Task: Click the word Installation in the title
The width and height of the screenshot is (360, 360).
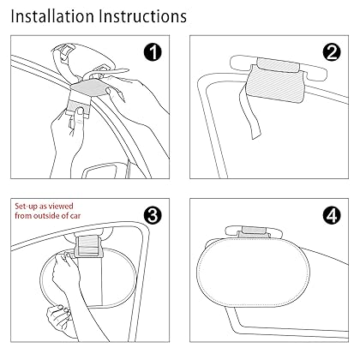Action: click(x=52, y=16)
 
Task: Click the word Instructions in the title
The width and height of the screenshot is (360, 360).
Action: click(x=143, y=16)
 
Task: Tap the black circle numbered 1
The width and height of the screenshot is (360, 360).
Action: click(x=153, y=52)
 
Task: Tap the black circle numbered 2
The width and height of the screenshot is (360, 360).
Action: click(x=332, y=52)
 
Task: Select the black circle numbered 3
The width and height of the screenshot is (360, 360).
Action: click(x=153, y=215)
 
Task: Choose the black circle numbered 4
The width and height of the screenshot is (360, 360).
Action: click(x=332, y=215)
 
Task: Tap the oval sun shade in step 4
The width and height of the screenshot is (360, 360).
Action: click(x=254, y=273)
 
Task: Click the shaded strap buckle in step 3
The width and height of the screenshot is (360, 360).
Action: click(x=88, y=246)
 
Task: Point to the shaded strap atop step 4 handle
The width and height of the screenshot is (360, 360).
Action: click(x=254, y=230)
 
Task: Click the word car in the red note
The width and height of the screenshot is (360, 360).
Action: click(x=75, y=216)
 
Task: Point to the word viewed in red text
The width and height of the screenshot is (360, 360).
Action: click(x=61, y=206)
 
